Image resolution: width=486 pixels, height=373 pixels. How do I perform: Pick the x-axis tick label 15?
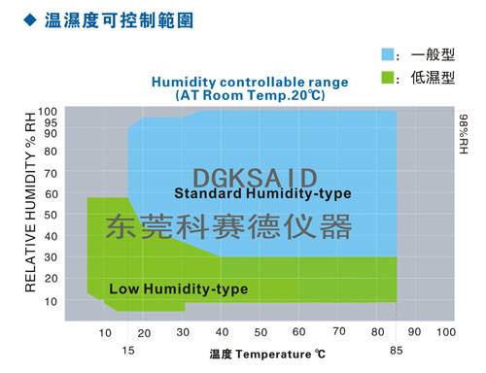point(127,351)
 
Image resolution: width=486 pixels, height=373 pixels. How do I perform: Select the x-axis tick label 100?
point(445,333)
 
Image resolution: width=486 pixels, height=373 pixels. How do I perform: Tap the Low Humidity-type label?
point(178,288)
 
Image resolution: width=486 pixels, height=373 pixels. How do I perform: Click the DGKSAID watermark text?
point(255,176)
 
